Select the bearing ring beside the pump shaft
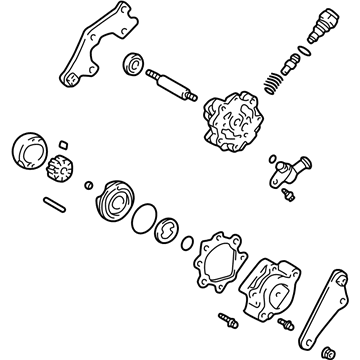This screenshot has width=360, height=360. tap(131, 67)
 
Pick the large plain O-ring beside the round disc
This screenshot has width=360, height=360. tap(147, 212)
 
